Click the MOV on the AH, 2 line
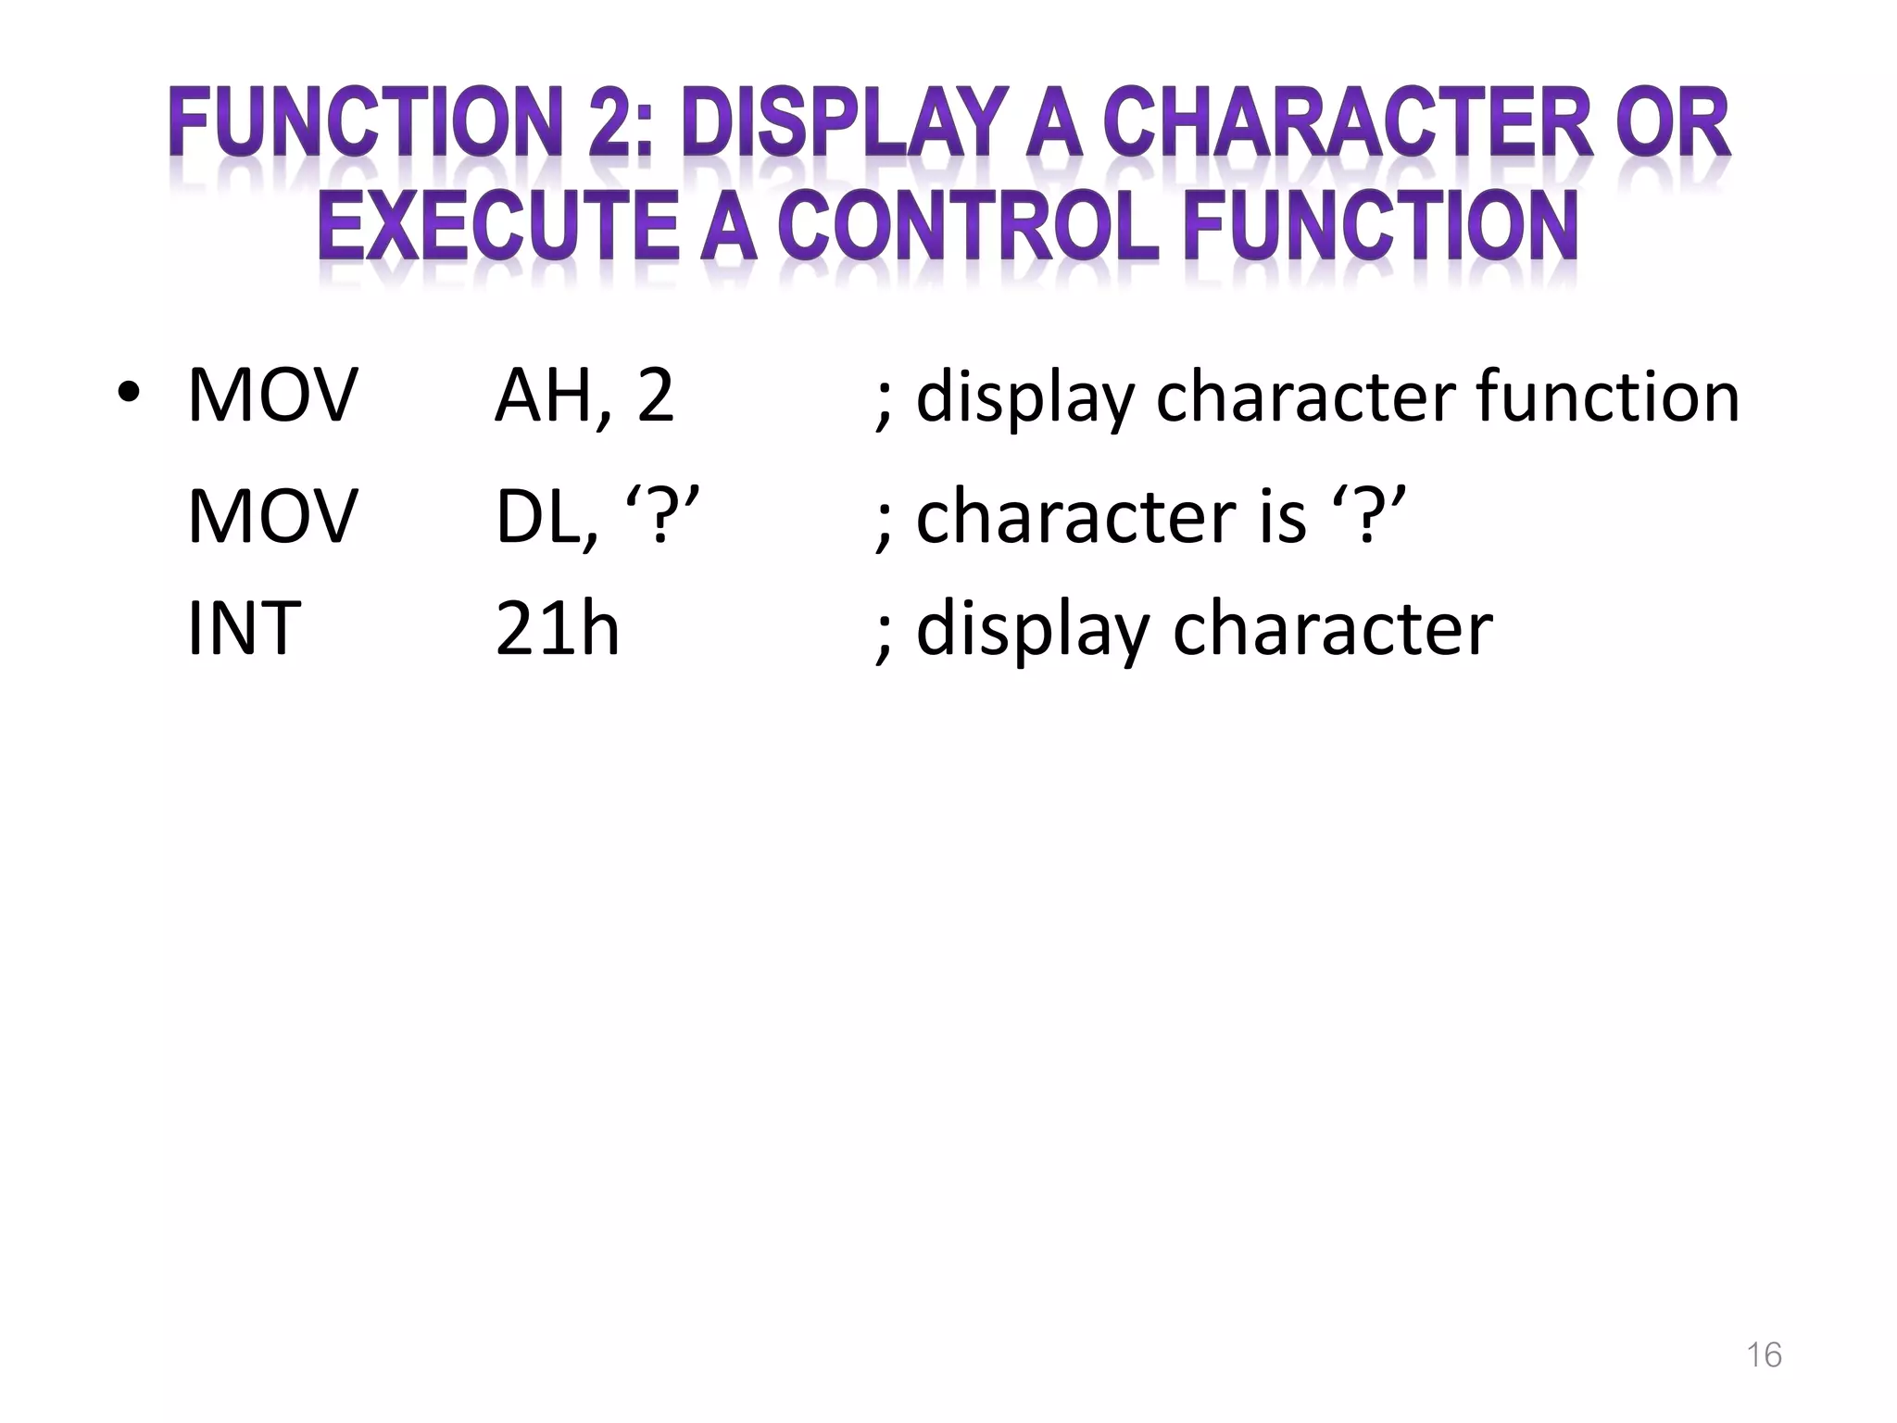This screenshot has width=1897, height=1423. coord(271,397)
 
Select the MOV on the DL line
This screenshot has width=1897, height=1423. coord(271,517)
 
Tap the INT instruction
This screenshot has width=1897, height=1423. coord(244,629)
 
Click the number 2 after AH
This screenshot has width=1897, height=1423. coord(655,397)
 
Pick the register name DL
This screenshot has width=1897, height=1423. coord(537,517)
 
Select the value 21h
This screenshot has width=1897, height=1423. coord(557,629)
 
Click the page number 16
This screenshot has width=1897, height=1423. coord(1764,1355)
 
